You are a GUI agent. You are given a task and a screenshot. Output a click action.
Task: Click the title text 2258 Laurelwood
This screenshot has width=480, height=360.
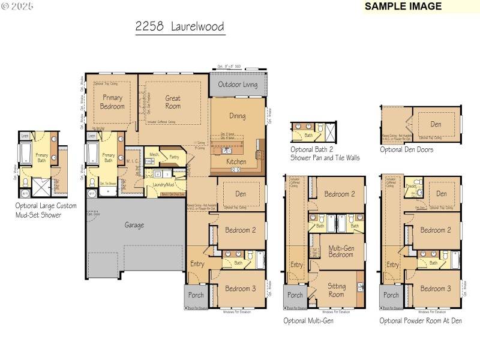click(x=180, y=27)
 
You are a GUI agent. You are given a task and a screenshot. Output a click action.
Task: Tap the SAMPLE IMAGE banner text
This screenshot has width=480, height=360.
click(x=403, y=7)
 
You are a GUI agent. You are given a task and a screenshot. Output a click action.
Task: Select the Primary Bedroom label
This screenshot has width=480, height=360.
click(x=112, y=102)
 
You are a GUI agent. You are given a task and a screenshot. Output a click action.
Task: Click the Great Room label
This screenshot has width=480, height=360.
click(x=173, y=102)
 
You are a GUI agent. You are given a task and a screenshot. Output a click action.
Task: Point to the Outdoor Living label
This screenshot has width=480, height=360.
click(x=238, y=85)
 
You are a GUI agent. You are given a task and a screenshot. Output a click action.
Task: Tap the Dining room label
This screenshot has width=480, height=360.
click(x=238, y=116)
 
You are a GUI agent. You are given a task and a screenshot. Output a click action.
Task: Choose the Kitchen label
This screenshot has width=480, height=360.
click(x=236, y=162)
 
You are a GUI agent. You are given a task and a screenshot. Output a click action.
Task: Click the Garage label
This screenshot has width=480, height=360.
click(x=134, y=225)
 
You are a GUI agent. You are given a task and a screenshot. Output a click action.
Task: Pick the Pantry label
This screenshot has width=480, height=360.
click(x=175, y=157)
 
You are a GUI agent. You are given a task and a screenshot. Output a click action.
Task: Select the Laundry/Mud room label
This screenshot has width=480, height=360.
click(x=163, y=185)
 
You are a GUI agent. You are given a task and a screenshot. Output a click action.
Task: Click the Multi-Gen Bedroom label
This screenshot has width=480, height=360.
click(x=341, y=251)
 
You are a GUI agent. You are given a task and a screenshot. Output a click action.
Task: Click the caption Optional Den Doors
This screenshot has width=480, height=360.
click(x=406, y=149)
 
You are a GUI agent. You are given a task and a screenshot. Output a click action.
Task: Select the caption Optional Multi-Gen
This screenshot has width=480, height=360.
click(x=308, y=321)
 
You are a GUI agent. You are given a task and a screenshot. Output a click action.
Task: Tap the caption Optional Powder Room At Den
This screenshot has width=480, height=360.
click(x=421, y=321)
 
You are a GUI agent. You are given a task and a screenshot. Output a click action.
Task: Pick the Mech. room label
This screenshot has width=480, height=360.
click(x=154, y=154)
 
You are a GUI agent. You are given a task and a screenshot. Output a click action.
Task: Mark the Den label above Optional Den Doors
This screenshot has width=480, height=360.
click(x=436, y=124)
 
